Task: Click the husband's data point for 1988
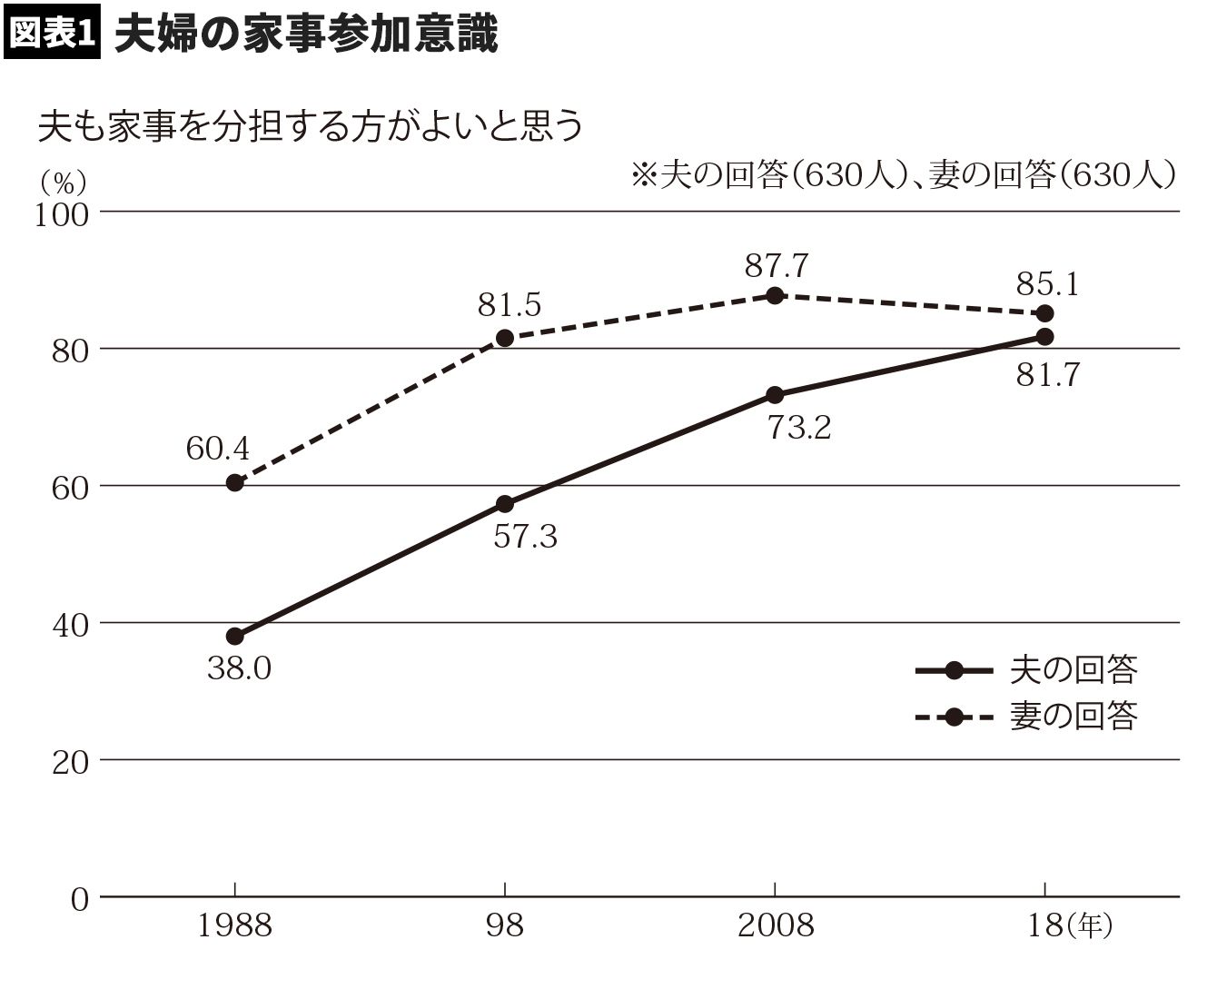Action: point(235,636)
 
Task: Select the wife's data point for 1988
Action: point(235,482)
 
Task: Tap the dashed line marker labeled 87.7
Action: point(775,295)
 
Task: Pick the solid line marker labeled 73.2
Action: point(775,395)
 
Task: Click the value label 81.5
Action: point(510,305)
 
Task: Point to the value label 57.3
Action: point(525,537)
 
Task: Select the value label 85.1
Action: point(1047,285)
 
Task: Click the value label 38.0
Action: point(239,669)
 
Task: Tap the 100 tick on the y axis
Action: point(62,214)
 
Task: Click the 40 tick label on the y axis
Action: point(69,625)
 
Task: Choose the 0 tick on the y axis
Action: point(80,899)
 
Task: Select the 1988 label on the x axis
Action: point(235,925)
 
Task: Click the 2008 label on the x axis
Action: point(775,925)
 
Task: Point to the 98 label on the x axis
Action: point(505,925)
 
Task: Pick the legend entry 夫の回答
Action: point(1073,670)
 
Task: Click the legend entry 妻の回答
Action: point(1073,717)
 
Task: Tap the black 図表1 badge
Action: point(52,35)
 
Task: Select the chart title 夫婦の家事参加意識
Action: point(306,34)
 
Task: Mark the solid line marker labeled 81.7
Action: point(1044,336)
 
